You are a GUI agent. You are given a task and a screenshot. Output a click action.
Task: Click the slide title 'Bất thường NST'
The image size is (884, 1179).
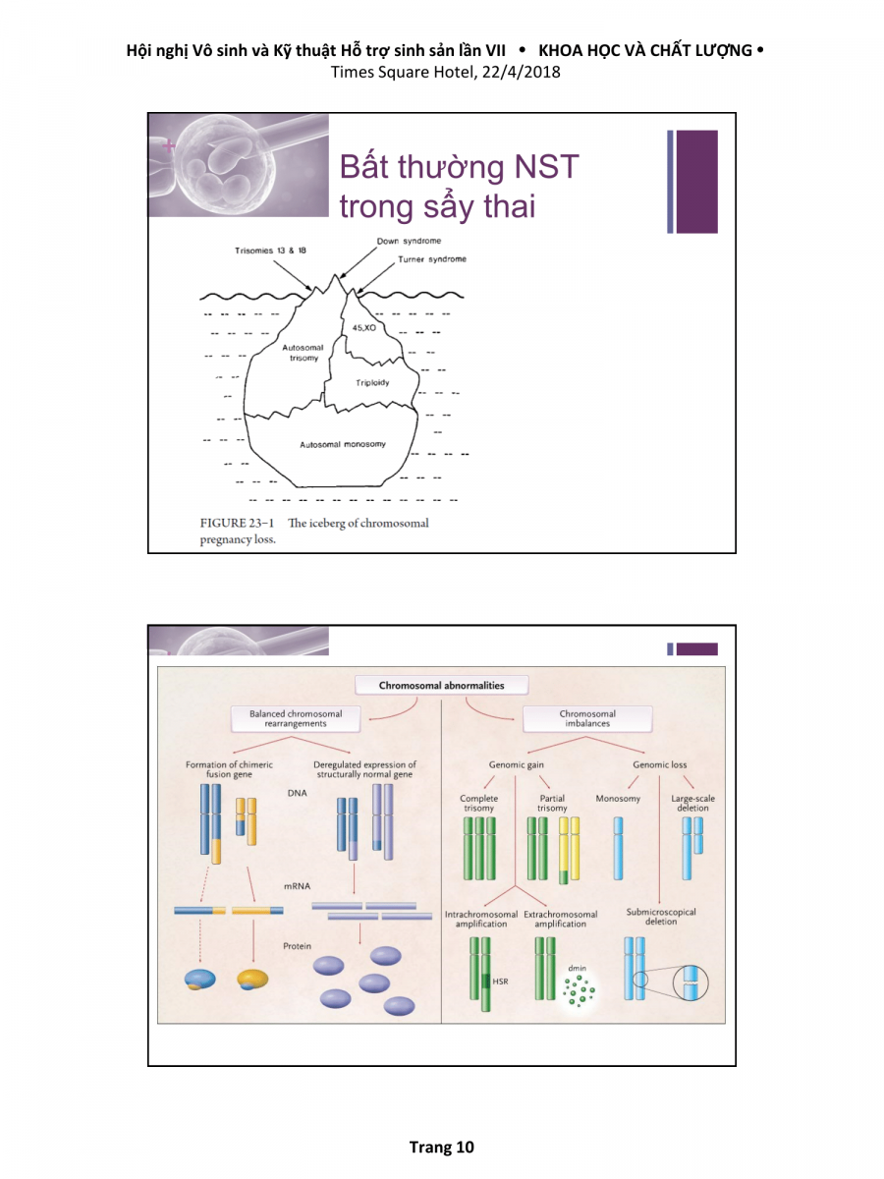(x=459, y=167)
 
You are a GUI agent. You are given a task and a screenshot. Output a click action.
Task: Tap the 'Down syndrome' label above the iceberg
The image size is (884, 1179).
(x=409, y=241)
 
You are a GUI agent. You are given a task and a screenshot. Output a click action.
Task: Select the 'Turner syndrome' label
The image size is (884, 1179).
(x=432, y=259)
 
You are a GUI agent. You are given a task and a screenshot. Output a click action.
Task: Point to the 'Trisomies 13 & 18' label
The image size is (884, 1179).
(x=270, y=251)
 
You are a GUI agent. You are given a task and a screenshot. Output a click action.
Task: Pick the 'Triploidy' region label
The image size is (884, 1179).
(x=372, y=381)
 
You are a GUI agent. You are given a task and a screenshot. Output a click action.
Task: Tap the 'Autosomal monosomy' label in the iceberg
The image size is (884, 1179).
(x=343, y=444)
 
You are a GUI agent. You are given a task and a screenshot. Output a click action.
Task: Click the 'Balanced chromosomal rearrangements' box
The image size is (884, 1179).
(x=296, y=718)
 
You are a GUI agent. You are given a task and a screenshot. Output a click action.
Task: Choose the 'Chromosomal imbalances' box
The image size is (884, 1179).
(x=587, y=718)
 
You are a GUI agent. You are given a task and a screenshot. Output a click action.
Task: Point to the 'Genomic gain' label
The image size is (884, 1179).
(x=517, y=764)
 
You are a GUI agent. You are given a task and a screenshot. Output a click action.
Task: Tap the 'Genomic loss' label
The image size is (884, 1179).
(x=660, y=764)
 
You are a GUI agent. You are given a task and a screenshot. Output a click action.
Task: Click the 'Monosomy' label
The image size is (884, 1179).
(x=618, y=799)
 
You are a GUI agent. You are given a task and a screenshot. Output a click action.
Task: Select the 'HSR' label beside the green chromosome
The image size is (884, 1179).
(x=500, y=981)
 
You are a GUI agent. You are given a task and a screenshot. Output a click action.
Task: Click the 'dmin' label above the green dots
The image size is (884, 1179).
(x=577, y=969)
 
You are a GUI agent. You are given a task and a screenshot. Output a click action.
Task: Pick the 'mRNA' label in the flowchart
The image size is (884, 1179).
(x=298, y=886)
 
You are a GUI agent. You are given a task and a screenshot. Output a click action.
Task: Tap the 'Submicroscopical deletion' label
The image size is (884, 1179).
(x=661, y=917)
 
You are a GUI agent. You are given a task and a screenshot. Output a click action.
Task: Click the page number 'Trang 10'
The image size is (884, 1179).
(x=441, y=1147)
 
